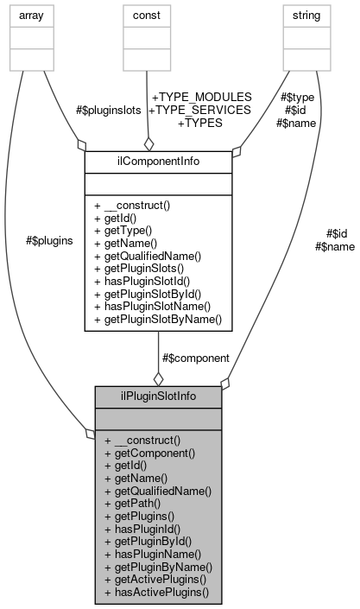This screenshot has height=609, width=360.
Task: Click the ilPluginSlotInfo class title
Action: pos(158,396)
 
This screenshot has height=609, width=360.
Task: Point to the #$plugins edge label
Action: pos(49,241)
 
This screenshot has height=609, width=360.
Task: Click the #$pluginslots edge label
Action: pos(108,111)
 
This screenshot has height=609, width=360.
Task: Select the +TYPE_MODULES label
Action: pos(200,97)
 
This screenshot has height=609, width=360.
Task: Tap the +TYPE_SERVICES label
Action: pos(200,110)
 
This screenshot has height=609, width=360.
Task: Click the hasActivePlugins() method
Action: pos(156,593)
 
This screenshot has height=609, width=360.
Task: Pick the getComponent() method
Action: pos(149,451)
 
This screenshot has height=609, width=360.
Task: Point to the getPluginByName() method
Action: pos(158,567)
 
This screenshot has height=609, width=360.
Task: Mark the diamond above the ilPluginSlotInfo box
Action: pos(158,378)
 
